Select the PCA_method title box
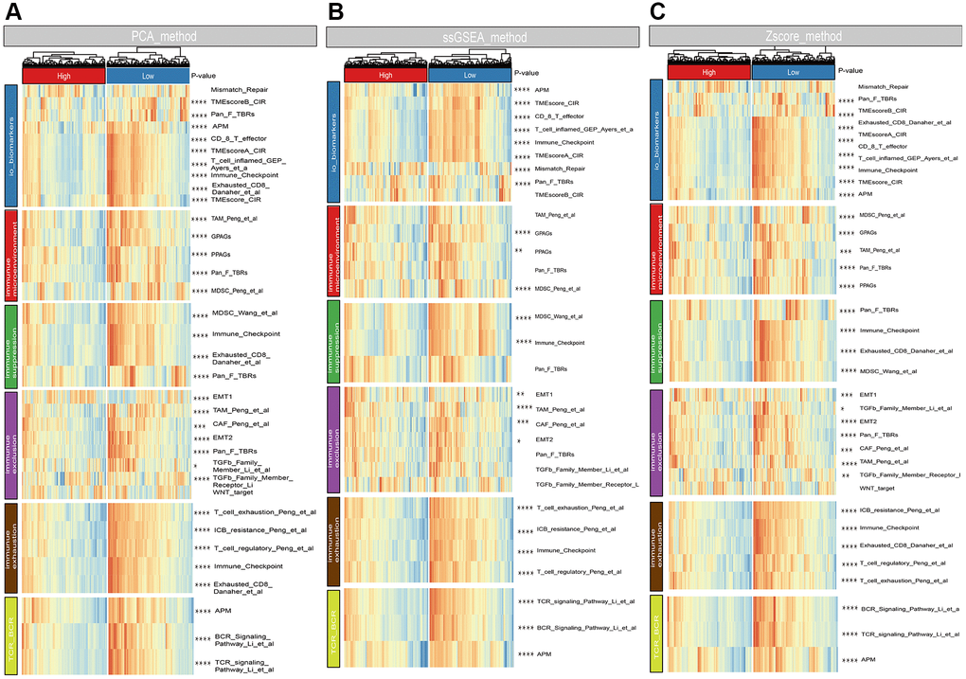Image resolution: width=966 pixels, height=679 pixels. (x=159, y=36)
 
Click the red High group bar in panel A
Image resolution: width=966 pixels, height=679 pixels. (x=63, y=74)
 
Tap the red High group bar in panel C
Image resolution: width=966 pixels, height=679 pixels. (x=709, y=71)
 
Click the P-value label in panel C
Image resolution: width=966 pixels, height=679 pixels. (x=860, y=70)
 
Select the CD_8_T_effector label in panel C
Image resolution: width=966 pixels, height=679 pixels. (x=882, y=146)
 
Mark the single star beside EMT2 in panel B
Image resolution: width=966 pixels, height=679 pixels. (x=519, y=441)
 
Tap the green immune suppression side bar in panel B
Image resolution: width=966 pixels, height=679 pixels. (x=333, y=339)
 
